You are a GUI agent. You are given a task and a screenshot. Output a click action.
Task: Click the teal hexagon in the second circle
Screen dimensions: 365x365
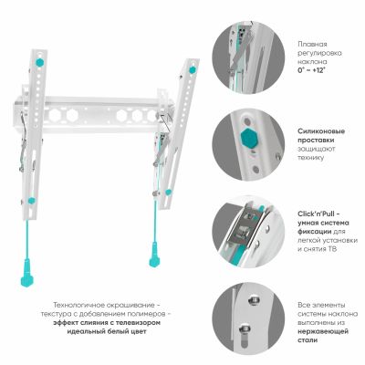click(249, 140)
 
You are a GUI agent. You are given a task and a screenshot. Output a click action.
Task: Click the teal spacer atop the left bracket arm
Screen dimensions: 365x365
click(39, 63)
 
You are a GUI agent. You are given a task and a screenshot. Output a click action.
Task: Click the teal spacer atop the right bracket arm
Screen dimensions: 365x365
click(193, 69)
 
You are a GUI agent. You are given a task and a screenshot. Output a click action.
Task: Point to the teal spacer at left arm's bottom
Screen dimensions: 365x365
click(31, 201)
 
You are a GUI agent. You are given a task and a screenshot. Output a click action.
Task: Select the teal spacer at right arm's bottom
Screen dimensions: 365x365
click(168, 193)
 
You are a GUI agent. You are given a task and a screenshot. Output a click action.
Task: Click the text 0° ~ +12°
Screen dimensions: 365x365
click(311, 70)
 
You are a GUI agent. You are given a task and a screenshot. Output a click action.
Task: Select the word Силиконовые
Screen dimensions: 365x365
click(321, 131)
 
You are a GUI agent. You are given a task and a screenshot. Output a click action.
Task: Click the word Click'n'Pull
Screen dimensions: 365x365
click(317, 214)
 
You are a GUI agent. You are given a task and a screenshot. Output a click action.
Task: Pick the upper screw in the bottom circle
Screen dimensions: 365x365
click(254, 301)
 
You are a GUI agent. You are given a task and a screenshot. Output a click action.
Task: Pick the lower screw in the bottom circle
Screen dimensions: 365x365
click(245, 329)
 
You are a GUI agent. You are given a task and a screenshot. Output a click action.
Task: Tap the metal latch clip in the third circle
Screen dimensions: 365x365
click(244, 225)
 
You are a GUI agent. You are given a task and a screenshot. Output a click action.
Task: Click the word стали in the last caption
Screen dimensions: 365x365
click(308, 340)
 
